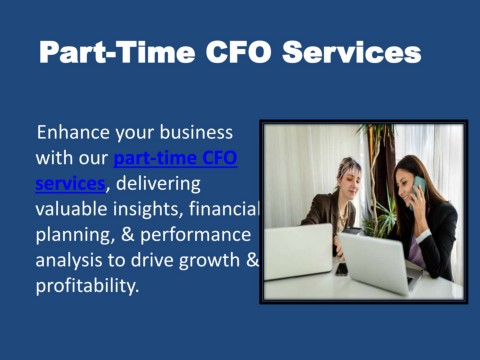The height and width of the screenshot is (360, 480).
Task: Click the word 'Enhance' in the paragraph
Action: (x=73, y=133)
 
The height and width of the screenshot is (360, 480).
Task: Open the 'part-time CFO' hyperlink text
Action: (x=175, y=158)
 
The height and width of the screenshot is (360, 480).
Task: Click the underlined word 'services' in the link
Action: (x=70, y=184)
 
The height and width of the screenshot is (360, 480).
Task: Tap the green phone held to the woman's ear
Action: (x=420, y=186)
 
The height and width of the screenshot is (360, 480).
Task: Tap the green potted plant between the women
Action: (x=378, y=160)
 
